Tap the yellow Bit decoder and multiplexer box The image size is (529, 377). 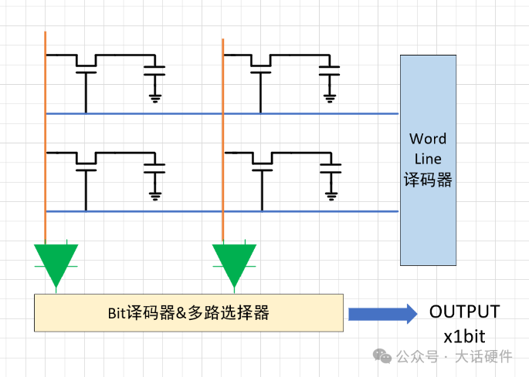pyautogui.click(x=188, y=313)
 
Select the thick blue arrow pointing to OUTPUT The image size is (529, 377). pyautogui.click(x=381, y=314)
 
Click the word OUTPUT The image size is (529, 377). pyautogui.click(x=464, y=312)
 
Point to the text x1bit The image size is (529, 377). pyautogui.click(x=464, y=337)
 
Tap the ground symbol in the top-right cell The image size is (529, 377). pyautogui.click(x=331, y=97)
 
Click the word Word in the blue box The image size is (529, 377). pyautogui.click(x=428, y=140)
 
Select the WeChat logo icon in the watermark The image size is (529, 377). pyautogui.click(x=382, y=356)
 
